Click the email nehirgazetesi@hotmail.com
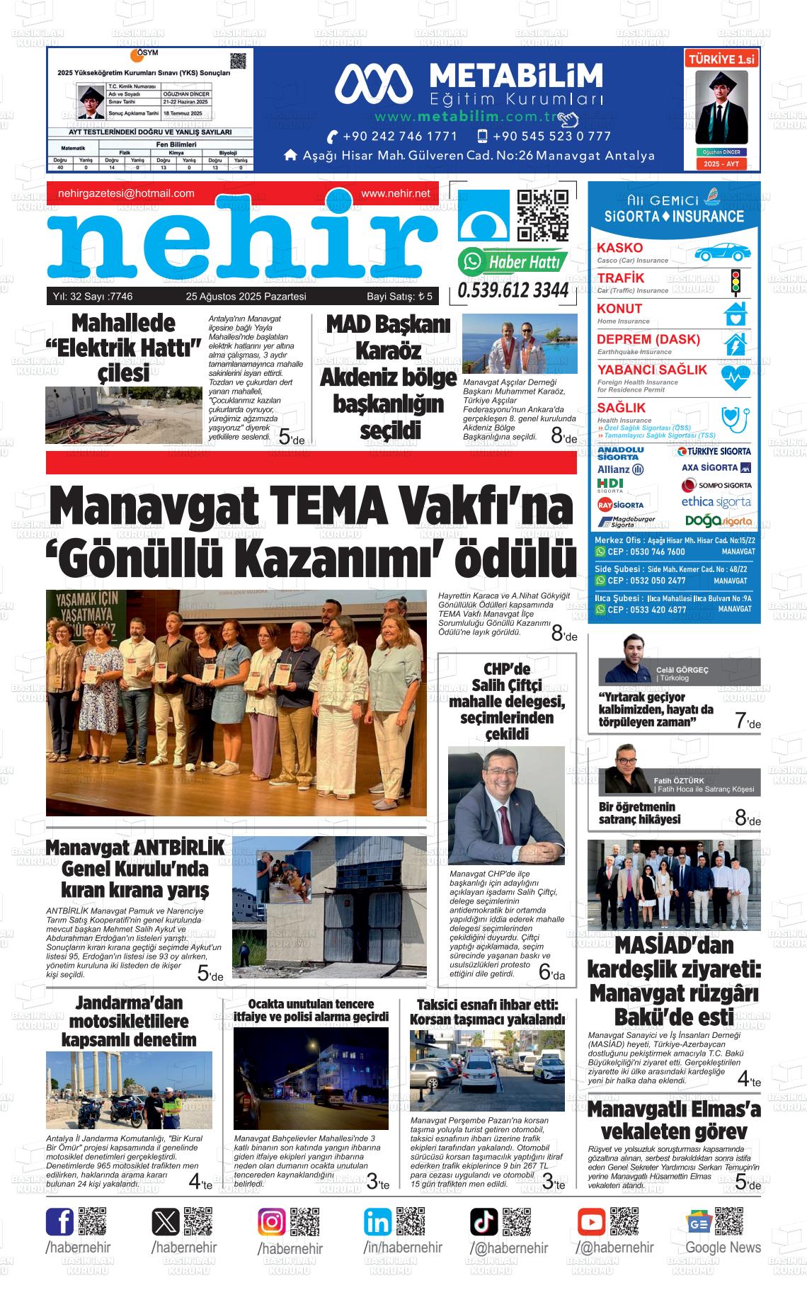tap(126, 193)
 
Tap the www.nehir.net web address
tap(395, 193)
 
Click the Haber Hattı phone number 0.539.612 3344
tap(513, 291)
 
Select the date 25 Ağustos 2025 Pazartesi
tap(246, 297)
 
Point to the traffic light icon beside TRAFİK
tap(735, 282)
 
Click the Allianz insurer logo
tap(620, 469)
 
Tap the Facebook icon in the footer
tap(59, 1222)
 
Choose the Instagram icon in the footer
tap(271, 1222)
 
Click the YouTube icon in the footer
tap(591, 1222)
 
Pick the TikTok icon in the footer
tap(484, 1222)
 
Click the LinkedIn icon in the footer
tap(377, 1222)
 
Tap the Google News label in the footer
tap(723, 1247)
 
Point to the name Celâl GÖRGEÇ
tap(682, 670)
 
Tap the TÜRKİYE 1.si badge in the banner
tap(721, 60)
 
